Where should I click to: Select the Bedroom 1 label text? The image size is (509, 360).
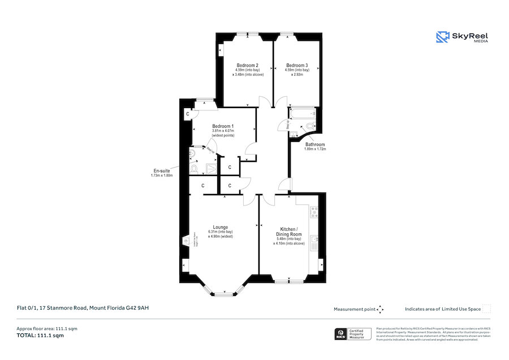click(223, 126)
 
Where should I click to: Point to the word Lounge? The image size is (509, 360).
click(221, 227)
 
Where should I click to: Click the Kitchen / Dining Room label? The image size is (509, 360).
click(289, 232)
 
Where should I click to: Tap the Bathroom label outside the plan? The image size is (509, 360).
click(315, 144)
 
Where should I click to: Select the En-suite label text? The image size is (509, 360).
click(161, 171)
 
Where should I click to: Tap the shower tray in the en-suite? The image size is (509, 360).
click(211, 168)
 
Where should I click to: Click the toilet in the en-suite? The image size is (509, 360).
click(194, 169)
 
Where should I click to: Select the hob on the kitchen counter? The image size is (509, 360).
click(314, 213)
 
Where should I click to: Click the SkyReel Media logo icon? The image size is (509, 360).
click(442, 37)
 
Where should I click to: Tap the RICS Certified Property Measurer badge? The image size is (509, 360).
click(353, 334)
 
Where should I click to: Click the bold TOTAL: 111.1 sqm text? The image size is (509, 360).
click(40, 336)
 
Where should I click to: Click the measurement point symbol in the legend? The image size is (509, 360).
click(380, 309)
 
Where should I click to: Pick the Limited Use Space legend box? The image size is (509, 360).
click(486, 308)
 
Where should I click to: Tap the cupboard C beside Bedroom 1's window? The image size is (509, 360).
click(187, 114)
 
